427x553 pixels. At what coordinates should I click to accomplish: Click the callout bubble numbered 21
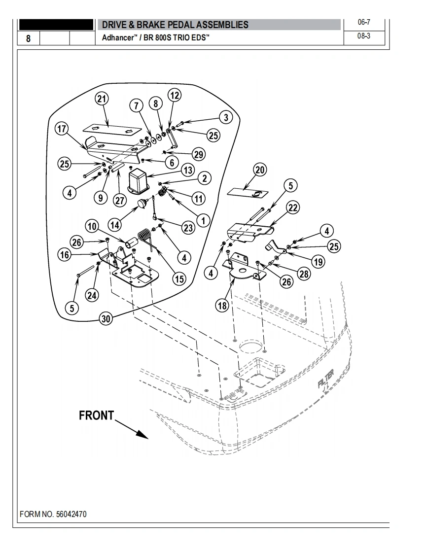click(x=102, y=99)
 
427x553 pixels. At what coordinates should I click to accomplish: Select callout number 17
click(x=62, y=130)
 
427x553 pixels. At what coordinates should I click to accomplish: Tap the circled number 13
click(x=188, y=171)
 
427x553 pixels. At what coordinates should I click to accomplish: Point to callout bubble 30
click(x=106, y=318)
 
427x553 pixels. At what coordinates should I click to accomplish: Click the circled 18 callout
click(x=222, y=306)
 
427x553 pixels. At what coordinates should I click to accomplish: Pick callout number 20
click(x=260, y=170)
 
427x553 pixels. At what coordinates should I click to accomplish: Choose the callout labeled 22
click(x=293, y=207)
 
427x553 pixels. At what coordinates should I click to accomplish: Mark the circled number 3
click(x=226, y=117)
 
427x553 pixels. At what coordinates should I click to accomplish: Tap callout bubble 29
click(x=199, y=154)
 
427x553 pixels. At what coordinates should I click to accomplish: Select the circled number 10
click(x=92, y=226)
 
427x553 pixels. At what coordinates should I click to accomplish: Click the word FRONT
click(x=97, y=415)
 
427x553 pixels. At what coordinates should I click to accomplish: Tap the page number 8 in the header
click(x=28, y=38)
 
